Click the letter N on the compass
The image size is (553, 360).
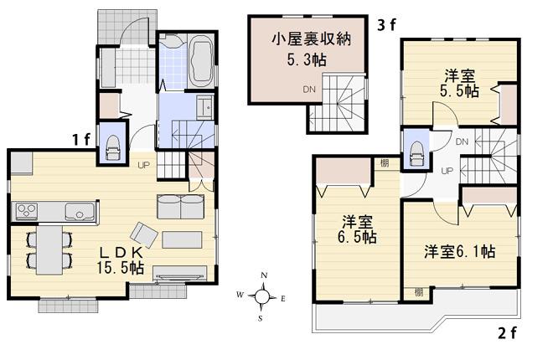(264, 276)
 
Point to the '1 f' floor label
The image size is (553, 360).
(81, 139)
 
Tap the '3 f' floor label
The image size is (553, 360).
(386, 25)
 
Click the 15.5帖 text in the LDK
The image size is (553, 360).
(120, 268)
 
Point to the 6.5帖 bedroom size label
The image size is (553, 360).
(357, 238)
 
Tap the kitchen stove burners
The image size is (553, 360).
(27, 209)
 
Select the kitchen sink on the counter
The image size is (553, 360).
(80, 212)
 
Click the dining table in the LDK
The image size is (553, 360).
(49, 249)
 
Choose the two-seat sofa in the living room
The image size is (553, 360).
(180, 207)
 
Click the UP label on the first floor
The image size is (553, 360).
(145, 164)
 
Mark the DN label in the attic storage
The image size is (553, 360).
(310, 90)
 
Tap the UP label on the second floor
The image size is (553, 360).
(447, 171)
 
